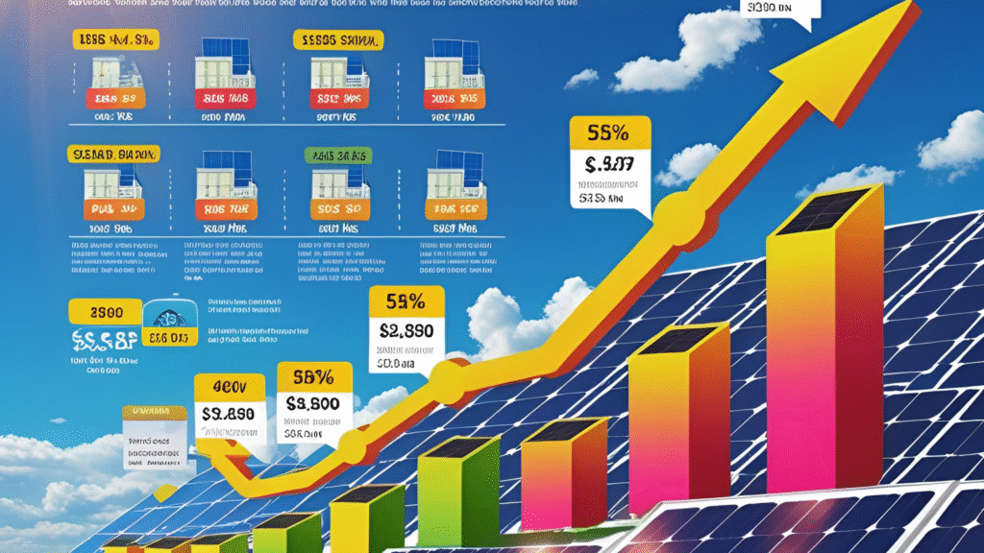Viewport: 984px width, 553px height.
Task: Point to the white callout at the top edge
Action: pos(780,10)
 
